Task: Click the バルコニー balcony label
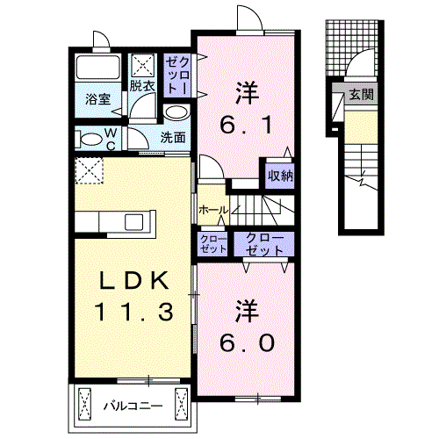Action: [131, 407]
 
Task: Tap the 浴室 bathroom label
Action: [97, 99]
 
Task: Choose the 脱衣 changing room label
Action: [142, 86]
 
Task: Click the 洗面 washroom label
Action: [173, 137]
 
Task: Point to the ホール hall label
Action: [213, 211]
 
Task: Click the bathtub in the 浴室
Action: [97, 69]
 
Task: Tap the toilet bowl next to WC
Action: [89, 138]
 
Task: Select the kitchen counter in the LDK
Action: [114, 220]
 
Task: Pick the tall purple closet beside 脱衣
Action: [177, 74]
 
